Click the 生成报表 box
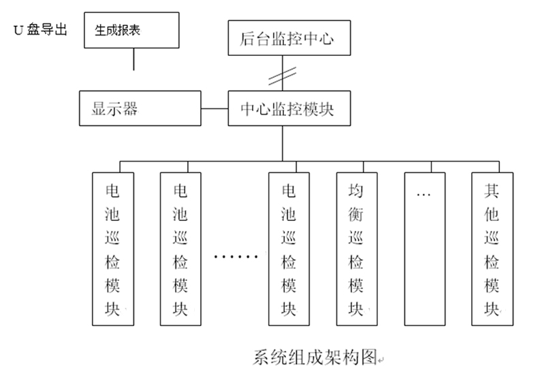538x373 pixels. (133, 30)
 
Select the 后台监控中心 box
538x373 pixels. (289, 39)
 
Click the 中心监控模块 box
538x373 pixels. (289, 108)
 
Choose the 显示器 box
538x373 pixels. (140, 108)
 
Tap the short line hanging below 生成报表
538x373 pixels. (133, 59)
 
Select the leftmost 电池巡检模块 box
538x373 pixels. (112, 248)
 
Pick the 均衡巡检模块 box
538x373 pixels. (356, 248)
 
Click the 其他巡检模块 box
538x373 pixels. (492, 248)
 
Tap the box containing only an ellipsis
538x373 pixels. (424, 248)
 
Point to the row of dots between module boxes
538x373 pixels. (236, 258)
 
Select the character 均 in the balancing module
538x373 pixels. (356, 190)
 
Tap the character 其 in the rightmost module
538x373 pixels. (492, 190)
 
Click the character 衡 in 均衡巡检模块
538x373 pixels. (356, 214)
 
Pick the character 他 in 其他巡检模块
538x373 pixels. (492, 214)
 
